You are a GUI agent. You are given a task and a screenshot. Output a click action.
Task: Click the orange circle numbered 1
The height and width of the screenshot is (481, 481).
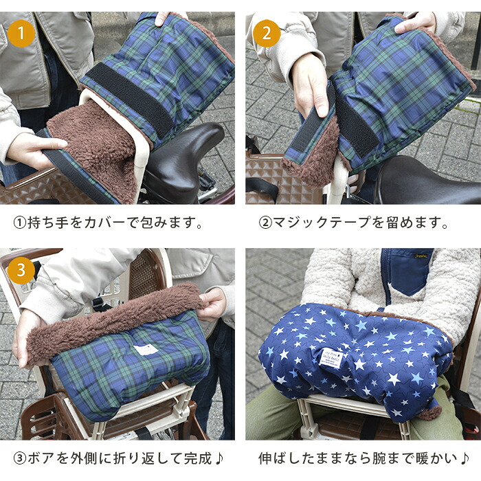tap(21, 34)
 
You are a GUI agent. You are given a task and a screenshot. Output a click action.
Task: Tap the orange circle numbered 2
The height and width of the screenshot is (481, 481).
tap(267, 34)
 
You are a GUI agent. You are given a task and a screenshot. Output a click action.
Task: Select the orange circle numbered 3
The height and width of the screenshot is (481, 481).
tap(21, 270)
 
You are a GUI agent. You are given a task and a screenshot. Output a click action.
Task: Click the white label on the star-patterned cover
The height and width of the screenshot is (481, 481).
tap(331, 358)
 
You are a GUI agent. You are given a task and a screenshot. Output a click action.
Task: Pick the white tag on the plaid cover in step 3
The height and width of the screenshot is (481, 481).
tap(146, 350)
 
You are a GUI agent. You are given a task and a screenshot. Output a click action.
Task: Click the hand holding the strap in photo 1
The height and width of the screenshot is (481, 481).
tap(34, 149)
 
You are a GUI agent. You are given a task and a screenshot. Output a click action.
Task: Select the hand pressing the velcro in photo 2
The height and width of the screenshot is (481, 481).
tap(310, 85)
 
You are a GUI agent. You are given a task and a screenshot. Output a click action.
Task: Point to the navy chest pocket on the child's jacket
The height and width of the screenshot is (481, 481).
tap(410, 272)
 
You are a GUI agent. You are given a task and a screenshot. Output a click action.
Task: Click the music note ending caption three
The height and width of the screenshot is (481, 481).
tap(218, 458)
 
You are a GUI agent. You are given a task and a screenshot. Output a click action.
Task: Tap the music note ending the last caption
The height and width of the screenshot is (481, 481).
tap(465, 458)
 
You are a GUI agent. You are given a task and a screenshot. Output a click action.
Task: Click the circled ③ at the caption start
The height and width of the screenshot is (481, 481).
tap(20, 458)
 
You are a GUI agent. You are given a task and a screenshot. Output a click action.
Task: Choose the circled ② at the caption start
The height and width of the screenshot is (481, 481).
tap(265, 223)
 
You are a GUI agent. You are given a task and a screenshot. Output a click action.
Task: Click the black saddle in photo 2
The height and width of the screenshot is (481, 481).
tap(427, 180)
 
